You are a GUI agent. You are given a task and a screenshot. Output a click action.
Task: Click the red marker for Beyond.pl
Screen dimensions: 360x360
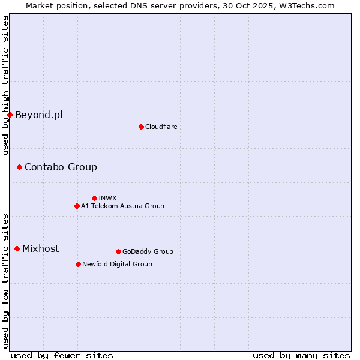pos(10,115)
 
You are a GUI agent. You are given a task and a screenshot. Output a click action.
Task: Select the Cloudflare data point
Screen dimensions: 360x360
pos(141,127)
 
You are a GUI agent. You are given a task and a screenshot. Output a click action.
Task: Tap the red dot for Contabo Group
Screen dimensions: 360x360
pos(19,167)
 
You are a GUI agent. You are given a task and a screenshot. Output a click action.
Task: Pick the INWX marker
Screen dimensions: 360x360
pos(94,198)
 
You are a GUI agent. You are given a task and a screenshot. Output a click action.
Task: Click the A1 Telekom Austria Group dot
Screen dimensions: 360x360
pos(77,206)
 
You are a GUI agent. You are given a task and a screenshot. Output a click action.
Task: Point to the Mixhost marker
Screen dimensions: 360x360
pos(17,248)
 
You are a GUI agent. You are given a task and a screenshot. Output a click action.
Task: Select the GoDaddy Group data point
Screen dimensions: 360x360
pos(118,251)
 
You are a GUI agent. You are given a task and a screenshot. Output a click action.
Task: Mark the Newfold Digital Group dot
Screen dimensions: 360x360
pos(78,264)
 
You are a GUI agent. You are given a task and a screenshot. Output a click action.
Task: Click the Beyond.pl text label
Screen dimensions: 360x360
pos(38,115)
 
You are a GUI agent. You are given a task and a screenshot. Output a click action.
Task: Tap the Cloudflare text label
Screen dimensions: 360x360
pos(161,127)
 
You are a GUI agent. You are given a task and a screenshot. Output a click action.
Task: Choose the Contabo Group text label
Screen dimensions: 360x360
pos(61,167)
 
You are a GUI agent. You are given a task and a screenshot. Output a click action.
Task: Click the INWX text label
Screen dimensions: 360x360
pos(107,198)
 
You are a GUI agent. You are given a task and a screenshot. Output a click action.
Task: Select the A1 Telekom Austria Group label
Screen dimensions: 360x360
pos(122,206)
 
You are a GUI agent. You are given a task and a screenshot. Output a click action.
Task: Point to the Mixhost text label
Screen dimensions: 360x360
pos(40,248)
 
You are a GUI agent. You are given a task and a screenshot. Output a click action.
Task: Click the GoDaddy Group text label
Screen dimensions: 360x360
pos(148,251)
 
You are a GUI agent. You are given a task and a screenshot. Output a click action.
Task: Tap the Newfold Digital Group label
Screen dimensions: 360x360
pos(117,264)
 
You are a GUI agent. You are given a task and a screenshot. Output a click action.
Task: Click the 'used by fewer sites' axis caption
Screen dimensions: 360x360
pos(62,355)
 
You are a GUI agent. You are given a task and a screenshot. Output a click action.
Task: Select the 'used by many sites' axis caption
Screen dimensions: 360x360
pos(301,355)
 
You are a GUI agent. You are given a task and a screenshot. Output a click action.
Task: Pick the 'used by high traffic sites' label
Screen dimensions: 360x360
pos(5,85)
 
